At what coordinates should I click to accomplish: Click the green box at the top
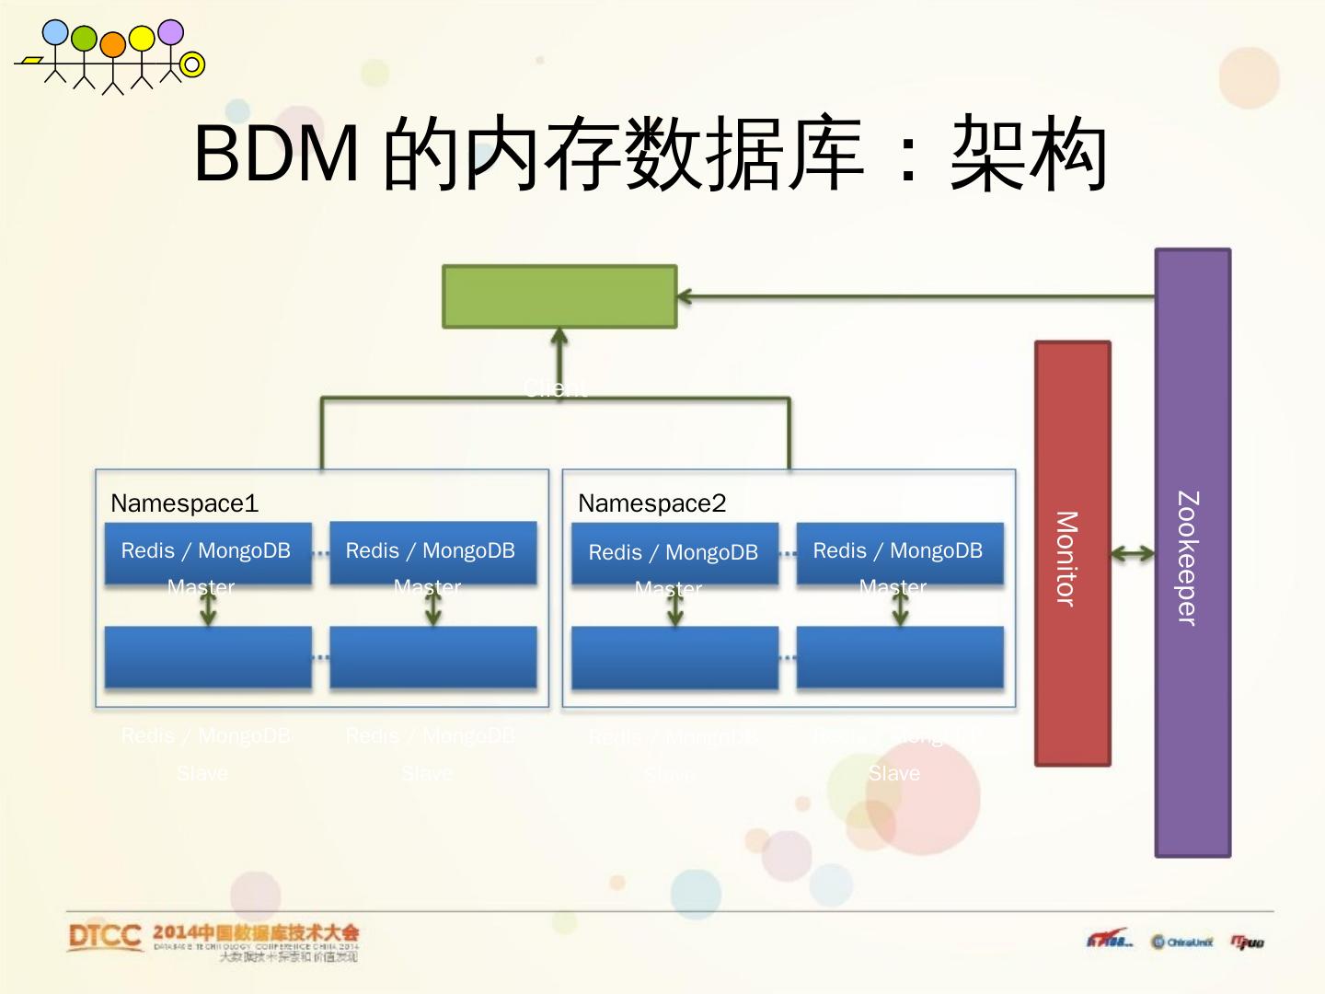[559, 296]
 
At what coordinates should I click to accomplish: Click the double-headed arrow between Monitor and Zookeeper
[1133, 553]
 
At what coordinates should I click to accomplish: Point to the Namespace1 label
[184, 503]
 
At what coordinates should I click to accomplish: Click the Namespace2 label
[651, 503]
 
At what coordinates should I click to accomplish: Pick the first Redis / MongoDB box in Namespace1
[208, 553]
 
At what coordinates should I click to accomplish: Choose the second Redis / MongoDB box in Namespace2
[899, 553]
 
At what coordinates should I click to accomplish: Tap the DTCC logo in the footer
[105, 937]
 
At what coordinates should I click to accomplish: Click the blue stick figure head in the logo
[55, 33]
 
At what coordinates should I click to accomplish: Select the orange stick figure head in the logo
[112, 43]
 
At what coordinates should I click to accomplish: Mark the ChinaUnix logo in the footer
[1182, 942]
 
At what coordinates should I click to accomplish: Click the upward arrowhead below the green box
[559, 337]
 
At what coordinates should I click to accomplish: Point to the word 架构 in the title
[1028, 154]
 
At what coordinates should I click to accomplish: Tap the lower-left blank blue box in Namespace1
[208, 657]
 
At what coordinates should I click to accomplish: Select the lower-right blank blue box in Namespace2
[899, 657]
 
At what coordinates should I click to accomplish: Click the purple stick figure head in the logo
[170, 32]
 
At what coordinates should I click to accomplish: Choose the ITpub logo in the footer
[1248, 942]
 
